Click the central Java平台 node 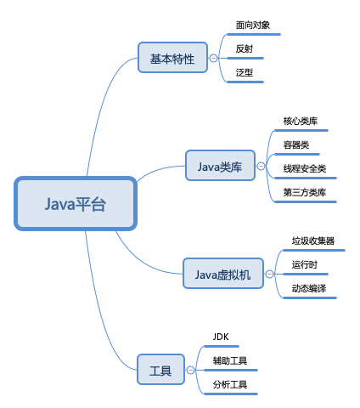[x=75, y=204]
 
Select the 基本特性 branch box [x=172, y=59]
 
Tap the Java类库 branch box [x=220, y=167]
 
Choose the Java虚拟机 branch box [x=222, y=274]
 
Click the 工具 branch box [x=160, y=371]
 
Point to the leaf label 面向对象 [x=253, y=25]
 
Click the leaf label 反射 [x=245, y=48]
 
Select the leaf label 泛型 [x=245, y=72]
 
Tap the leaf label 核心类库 [x=301, y=121]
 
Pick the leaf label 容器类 [x=296, y=144]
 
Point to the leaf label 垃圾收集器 [x=312, y=241]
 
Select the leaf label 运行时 [x=304, y=264]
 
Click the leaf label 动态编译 [x=308, y=288]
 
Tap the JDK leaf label [x=222, y=337]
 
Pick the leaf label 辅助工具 [x=230, y=361]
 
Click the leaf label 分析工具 [x=230, y=385]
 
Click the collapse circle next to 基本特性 [x=213, y=59]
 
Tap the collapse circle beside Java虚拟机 [x=269, y=274]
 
